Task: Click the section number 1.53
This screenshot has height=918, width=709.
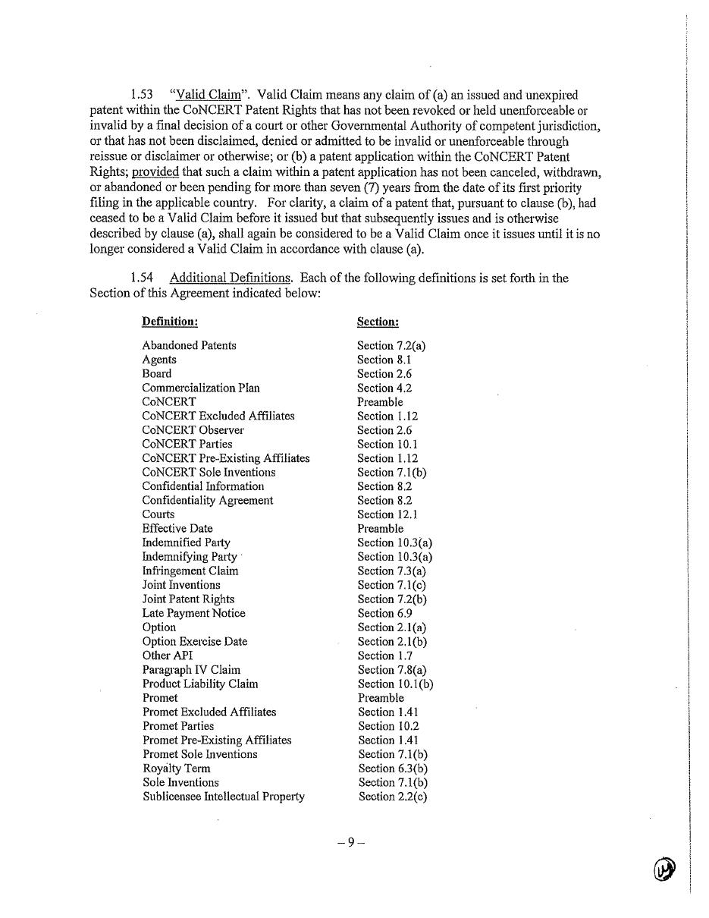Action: (141, 95)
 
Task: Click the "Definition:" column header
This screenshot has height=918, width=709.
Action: (170, 322)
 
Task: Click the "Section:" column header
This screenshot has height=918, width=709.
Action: (378, 322)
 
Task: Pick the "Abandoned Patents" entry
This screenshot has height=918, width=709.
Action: (189, 345)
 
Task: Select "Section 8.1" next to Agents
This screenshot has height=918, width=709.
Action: (384, 360)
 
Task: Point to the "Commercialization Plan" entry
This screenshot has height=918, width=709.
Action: (200, 388)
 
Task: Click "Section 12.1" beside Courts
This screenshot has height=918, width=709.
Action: (387, 514)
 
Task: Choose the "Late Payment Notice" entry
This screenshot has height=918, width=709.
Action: (193, 613)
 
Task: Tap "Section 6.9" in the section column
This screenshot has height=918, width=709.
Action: (384, 613)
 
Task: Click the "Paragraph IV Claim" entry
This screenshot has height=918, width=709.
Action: (191, 670)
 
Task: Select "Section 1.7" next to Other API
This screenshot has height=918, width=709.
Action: (384, 655)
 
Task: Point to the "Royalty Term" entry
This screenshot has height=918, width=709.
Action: (177, 769)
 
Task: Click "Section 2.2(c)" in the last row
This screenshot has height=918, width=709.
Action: (393, 797)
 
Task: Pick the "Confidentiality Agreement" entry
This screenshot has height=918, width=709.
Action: (207, 501)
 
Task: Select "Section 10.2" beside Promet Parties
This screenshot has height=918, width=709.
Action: (387, 726)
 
